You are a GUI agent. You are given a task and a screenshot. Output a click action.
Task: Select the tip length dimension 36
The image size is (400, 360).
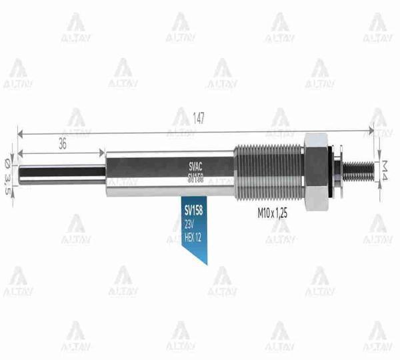click(x=62, y=142)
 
